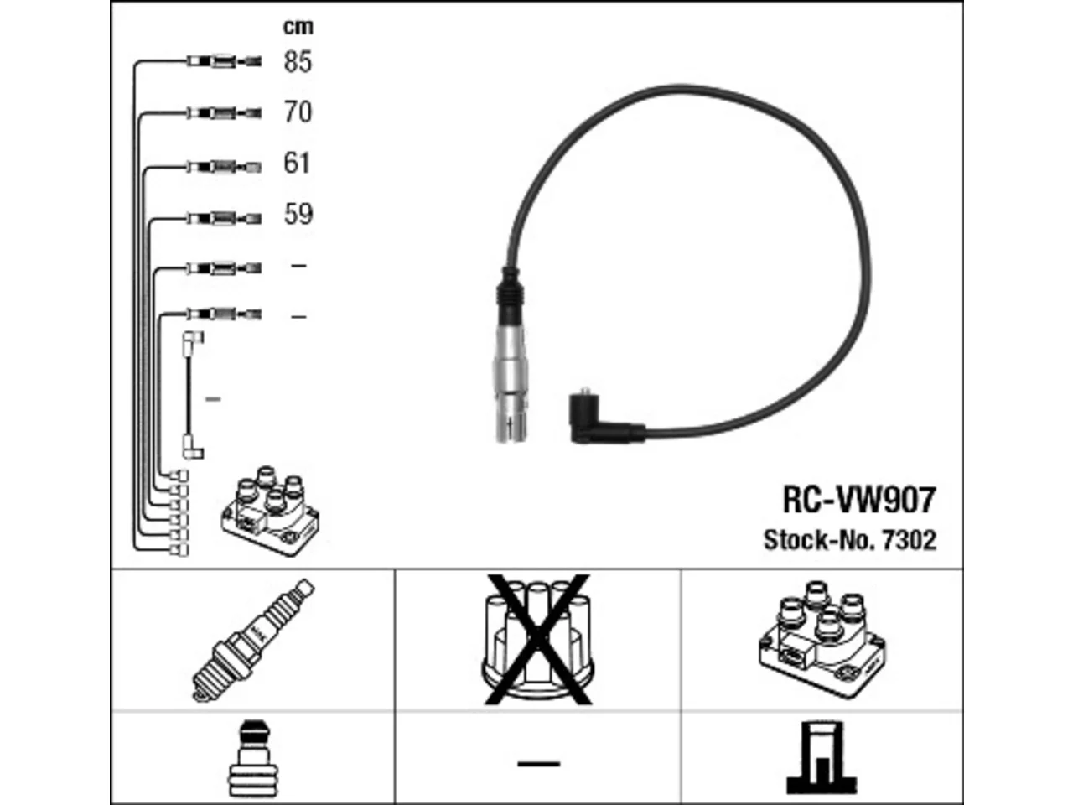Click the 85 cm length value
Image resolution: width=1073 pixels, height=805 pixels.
298,61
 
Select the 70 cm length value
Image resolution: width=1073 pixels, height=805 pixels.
298,112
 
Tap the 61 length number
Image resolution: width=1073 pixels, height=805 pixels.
296,163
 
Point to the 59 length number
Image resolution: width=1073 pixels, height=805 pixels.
298,214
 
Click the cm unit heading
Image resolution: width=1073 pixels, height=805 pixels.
298,26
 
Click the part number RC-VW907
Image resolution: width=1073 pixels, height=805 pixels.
859,500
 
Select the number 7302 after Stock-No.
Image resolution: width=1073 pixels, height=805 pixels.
909,539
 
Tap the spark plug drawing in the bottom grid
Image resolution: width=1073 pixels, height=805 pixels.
253,640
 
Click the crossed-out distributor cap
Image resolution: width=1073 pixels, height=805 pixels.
537,640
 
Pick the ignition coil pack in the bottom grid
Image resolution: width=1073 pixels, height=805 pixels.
822,640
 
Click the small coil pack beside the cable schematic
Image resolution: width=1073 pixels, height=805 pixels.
270,511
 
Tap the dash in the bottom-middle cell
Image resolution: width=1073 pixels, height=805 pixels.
539,763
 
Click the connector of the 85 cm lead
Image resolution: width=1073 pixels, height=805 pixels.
225,61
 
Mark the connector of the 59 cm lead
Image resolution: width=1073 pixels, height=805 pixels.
225,218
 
